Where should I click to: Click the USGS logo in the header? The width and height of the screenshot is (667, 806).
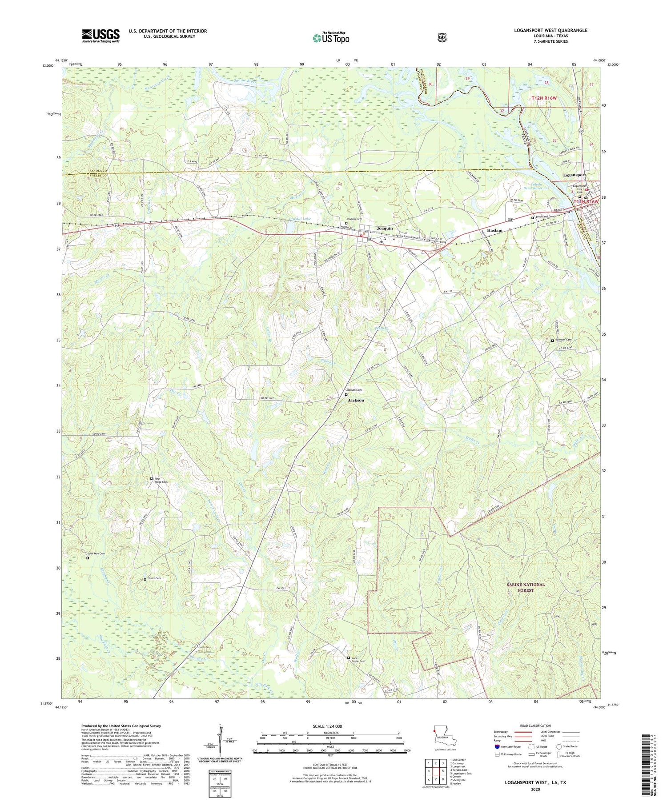100,36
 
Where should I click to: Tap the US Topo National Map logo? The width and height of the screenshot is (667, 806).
331,38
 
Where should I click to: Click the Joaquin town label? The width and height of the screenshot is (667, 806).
385,228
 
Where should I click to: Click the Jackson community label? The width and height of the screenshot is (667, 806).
356,400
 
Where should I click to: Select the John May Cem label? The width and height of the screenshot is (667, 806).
96,554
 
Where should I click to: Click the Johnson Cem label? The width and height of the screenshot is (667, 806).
563,340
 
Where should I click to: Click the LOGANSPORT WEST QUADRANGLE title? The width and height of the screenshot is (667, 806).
549,30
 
